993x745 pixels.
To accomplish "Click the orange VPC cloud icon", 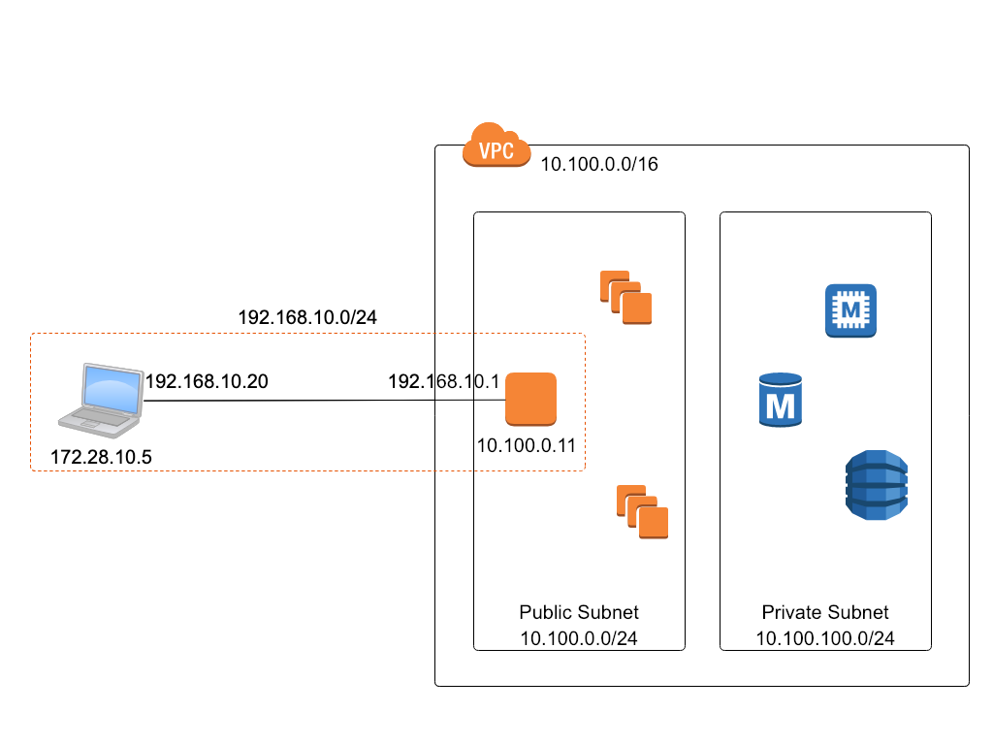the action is coord(496,146).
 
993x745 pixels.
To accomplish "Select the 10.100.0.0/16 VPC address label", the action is coord(599,164).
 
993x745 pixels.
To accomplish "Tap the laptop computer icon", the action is coord(101,401).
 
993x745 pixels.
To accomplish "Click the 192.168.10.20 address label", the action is coord(208,381).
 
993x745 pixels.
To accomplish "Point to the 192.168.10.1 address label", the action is coord(443,381).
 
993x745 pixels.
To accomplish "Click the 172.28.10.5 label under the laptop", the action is coord(101,457).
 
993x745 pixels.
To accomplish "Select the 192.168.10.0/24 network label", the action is coord(307,317).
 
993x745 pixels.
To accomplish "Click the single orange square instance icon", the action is coord(530,399).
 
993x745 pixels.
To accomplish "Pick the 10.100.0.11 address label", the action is coord(527,445).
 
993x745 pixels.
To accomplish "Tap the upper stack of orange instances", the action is coord(625,298).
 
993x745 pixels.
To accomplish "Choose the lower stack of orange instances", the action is coord(642,512).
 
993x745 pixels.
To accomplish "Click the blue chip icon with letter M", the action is coord(850,310).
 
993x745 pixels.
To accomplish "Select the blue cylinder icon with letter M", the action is coord(781,400).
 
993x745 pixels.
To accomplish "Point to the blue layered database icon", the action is coord(877,485).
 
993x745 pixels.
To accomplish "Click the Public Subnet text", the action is coord(579,612).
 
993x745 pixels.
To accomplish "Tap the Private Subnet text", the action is coord(825,612).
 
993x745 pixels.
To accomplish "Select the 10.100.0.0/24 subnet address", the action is coord(579,638).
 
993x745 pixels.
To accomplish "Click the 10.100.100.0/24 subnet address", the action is coord(825,638).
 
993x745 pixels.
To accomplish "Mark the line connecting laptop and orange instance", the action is coord(324,401).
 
